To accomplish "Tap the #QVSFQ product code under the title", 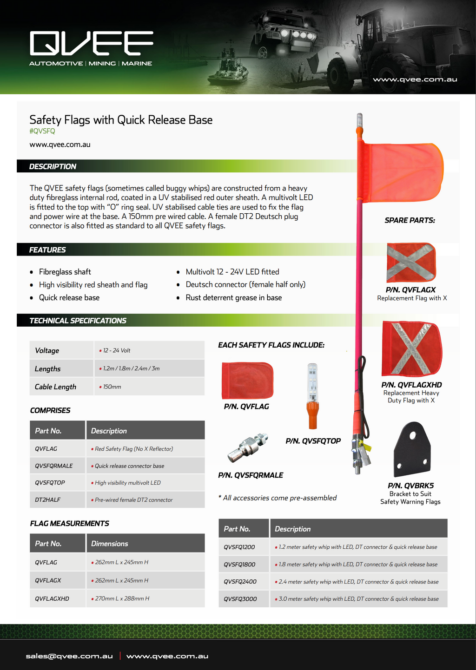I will click(42, 131).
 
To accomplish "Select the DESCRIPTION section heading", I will click(53, 166).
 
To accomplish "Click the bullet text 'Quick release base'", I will click(69, 298).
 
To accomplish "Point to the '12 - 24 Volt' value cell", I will click(117, 350).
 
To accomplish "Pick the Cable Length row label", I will click(55, 387).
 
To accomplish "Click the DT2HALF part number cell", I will click(47, 500).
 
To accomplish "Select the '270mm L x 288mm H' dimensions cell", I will click(122, 598).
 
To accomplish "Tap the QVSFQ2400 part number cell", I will click(240, 582).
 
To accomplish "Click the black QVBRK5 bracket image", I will click(412, 449).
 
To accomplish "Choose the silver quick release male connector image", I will click(248, 448).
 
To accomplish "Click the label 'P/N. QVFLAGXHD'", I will click(411, 385).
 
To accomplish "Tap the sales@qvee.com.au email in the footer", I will click(69, 656).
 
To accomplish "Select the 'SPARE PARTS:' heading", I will click(410, 220).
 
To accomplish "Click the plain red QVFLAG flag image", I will click(247, 381).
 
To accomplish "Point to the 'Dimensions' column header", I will click(110, 544).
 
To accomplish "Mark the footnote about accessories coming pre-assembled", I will click(278, 498).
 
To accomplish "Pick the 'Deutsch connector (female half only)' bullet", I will click(245, 284).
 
